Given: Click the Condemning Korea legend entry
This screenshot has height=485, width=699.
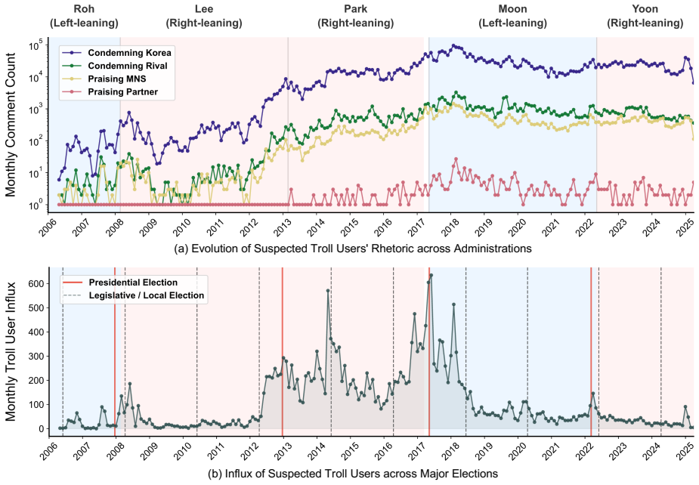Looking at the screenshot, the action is click(x=118, y=53).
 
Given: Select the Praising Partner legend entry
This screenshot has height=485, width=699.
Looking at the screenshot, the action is click(x=111, y=92).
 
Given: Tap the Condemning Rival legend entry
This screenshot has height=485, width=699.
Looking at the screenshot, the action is click(x=116, y=66).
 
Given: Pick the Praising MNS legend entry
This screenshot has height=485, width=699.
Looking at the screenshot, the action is click(x=105, y=79).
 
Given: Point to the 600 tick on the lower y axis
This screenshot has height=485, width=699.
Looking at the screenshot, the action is click(x=38, y=283).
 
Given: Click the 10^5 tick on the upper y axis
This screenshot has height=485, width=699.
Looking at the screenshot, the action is click(x=36, y=45).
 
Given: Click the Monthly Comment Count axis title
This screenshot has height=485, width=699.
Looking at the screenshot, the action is click(x=11, y=125).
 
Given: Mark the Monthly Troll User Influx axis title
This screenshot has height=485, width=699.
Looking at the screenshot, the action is click(x=11, y=352).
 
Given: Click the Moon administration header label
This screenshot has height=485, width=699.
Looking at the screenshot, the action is click(x=512, y=16).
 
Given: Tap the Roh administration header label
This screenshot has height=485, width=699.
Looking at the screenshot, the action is click(x=84, y=16).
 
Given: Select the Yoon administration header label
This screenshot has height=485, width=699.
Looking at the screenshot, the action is click(x=645, y=16).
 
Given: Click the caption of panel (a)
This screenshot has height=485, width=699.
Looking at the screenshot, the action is click(x=353, y=249).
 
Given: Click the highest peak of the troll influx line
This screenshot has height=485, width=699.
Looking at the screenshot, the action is click(x=431, y=275).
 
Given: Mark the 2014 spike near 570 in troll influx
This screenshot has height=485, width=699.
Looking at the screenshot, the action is click(x=328, y=291).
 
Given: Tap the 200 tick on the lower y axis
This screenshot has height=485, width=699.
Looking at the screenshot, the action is click(x=38, y=380).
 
